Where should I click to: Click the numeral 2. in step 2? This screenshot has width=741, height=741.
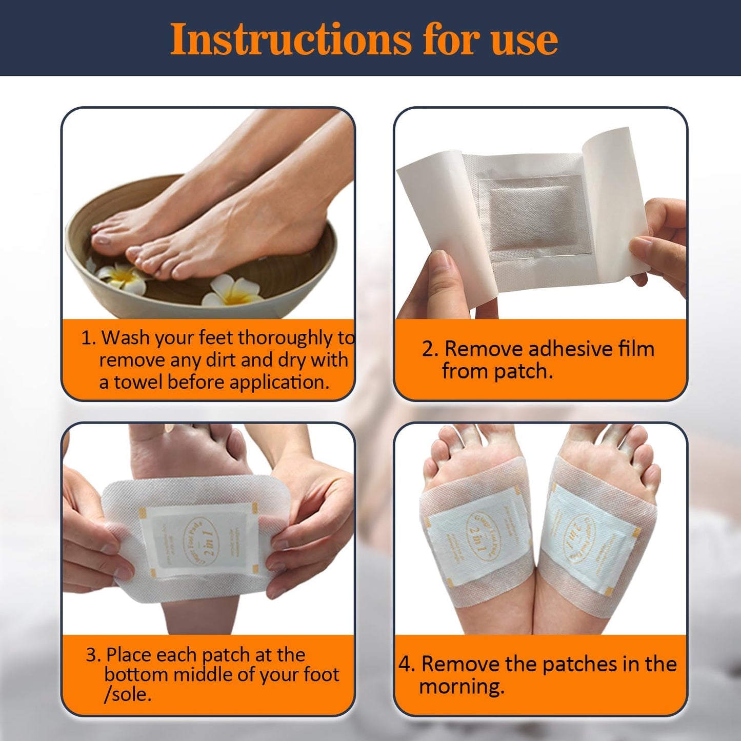coord(430,349)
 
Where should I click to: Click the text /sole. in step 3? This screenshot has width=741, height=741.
coord(127,695)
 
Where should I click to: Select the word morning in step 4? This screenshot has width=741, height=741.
coord(461,687)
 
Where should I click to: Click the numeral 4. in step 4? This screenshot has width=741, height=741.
coord(407,665)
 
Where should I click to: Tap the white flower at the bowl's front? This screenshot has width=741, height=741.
coord(230,291)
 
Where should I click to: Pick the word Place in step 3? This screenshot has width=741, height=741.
coord(128,655)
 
